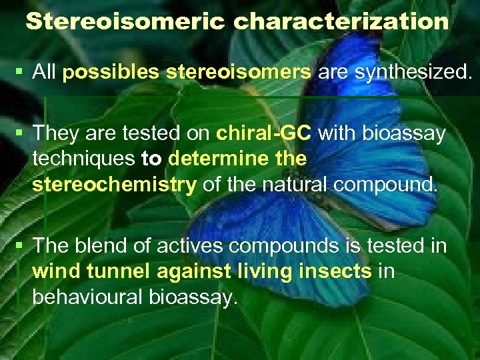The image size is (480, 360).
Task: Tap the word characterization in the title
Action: (341, 21)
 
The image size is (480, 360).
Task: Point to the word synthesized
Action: (409, 73)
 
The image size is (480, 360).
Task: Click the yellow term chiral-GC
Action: (264, 133)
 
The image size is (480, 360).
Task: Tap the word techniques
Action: (84, 159)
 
